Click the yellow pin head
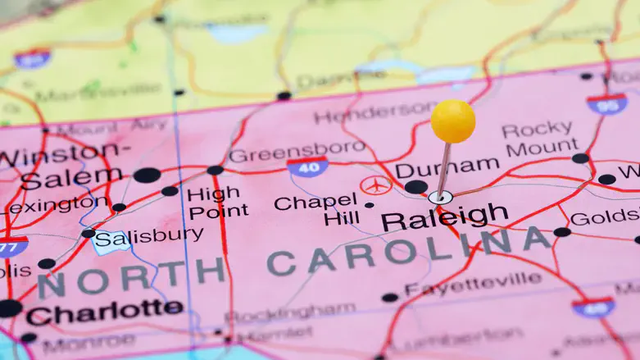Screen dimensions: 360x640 (x=453, y=121)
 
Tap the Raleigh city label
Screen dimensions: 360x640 (x=444, y=217)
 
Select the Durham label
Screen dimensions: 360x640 (x=447, y=167)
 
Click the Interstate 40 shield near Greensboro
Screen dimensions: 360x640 (x=307, y=167)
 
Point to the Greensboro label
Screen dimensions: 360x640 (x=297, y=152)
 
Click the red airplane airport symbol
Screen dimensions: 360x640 (x=376, y=185)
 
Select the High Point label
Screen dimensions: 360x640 (x=217, y=202)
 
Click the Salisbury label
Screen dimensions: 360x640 (x=149, y=237)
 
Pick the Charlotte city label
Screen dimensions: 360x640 (x=104, y=311)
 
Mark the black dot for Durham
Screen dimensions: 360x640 (x=415, y=187)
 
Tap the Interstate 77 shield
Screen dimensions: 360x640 (x=11, y=245)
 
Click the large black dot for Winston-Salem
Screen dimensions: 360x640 (x=147, y=175)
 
